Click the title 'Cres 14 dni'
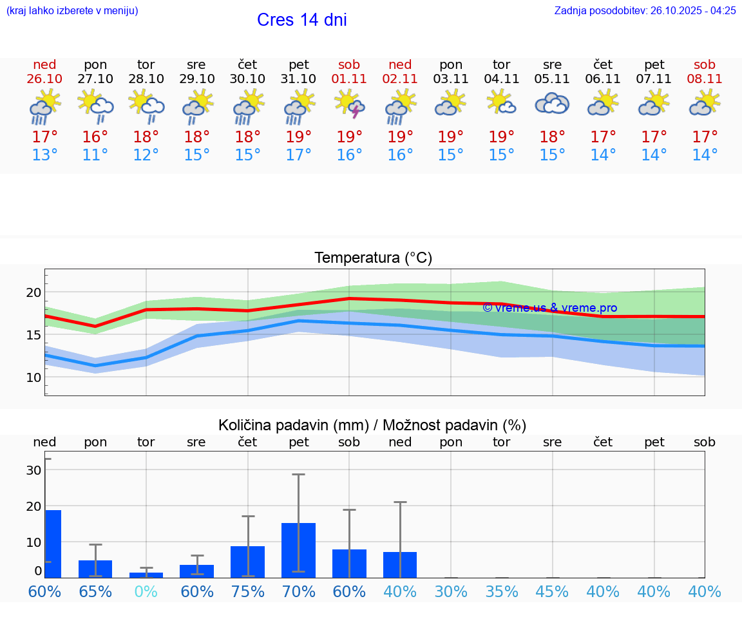click(301, 20)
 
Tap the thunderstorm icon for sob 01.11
click(349, 104)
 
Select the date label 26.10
click(44, 79)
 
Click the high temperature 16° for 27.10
click(95, 137)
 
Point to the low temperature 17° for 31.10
click(298, 155)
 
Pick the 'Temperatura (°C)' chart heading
click(373, 258)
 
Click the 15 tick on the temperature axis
click(33, 335)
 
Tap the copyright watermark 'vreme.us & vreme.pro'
click(549, 308)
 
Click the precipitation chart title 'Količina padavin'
click(372, 425)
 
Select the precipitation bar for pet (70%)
click(298, 550)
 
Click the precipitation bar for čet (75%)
click(248, 562)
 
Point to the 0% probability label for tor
click(146, 591)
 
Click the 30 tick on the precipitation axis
click(33, 470)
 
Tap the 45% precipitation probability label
click(552, 591)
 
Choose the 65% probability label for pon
click(95, 591)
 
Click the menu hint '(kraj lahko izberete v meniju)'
click(72, 10)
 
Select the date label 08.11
click(705, 79)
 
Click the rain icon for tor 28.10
click(146, 104)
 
